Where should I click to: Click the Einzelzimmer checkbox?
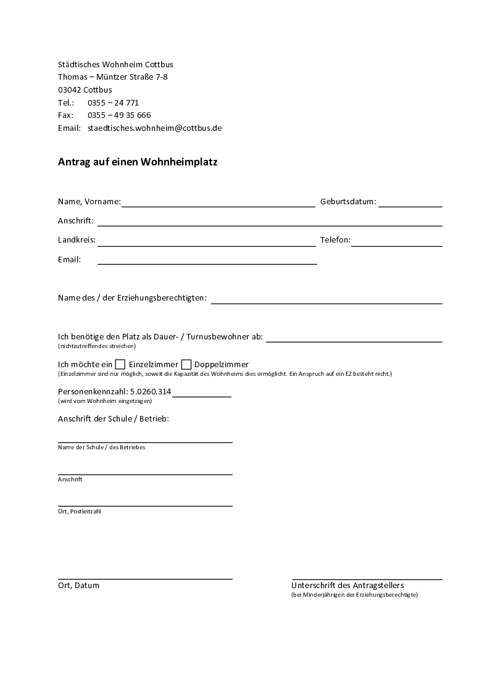(120, 364)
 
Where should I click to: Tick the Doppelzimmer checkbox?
(186, 364)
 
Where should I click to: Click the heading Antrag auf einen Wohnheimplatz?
(138, 162)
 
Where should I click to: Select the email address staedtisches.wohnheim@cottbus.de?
(154, 128)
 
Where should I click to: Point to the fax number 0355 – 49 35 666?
(119, 115)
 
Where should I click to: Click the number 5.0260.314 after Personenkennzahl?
(151, 391)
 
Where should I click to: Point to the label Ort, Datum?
(78, 585)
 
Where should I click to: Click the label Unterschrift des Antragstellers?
(347, 585)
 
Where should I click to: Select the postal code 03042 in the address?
(69, 89)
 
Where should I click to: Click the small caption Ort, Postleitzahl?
(79, 512)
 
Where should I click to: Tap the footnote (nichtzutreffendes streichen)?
(97, 346)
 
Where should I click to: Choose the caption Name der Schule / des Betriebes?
(101, 447)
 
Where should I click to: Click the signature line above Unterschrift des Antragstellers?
(367, 579)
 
